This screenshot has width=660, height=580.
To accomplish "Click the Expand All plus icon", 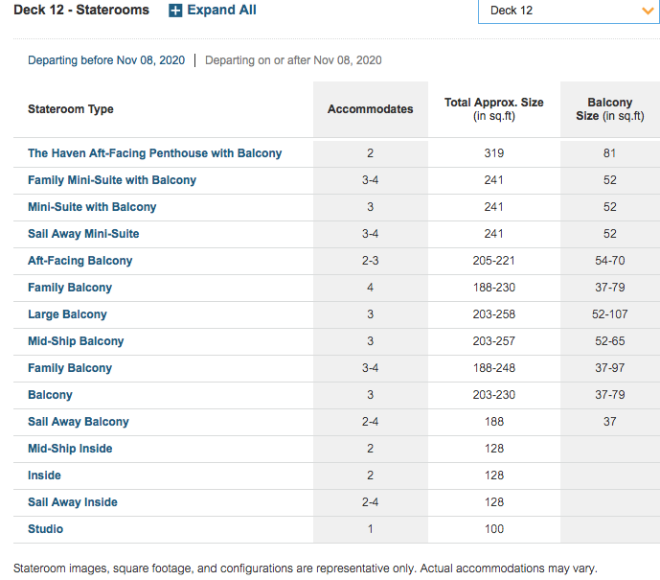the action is (x=175, y=11).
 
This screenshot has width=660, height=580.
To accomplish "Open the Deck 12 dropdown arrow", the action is (x=648, y=11).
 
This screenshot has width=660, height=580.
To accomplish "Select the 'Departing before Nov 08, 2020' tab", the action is (x=106, y=60).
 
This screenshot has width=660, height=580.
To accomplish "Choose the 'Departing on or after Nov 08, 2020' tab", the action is (x=293, y=60).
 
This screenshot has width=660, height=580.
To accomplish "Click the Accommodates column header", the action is (x=371, y=109).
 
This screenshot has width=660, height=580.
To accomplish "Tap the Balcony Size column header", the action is (x=610, y=109).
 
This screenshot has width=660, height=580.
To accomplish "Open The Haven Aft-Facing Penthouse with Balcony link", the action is (x=154, y=153).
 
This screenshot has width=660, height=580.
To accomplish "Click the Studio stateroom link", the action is (x=45, y=529).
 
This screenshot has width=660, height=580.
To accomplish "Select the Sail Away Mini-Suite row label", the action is (x=83, y=234).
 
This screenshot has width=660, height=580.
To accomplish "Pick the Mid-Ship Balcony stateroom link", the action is (x=76, y=341).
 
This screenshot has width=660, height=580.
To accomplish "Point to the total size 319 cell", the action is (x=494, y=153).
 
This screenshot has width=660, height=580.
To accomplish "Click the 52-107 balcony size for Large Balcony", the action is (x=610, y=314).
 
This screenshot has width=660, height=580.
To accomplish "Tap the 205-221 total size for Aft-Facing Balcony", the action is (x=494, y=261).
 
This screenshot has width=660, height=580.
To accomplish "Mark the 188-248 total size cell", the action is (x=494, y=368).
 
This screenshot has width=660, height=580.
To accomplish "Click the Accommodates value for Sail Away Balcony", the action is (x=371, y=422).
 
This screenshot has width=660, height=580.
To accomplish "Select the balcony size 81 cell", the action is (x=610, y=153).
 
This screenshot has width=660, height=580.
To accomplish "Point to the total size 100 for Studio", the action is (x=494, y=529).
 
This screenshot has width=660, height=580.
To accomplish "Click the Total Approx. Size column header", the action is (x=494, y=109).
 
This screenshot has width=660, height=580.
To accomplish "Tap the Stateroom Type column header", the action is (x=71, y=109).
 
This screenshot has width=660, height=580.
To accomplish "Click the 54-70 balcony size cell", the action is (x=610, y=261).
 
